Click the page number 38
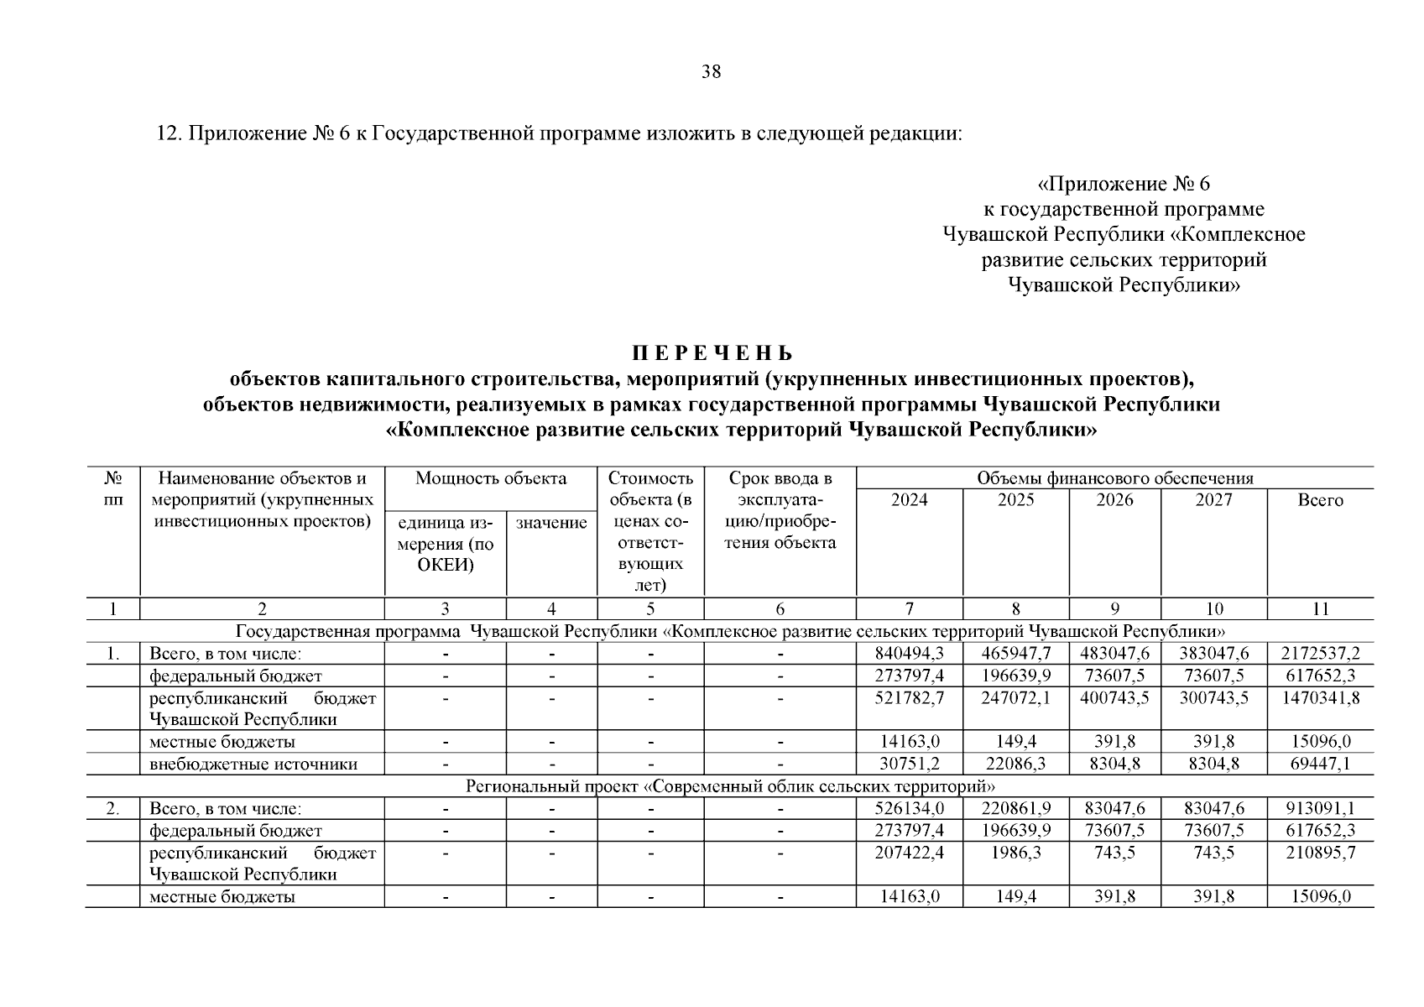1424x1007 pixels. pyautogui.click(x=711, y=72)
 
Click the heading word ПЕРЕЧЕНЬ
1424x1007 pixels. pyautogui.click(x=711, y=353)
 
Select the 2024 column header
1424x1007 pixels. pyautogui.click(x=909, y=500)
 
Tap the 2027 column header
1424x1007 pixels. pyautogui.click(x=1213, y=500)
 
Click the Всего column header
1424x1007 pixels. pyautogui.click(x=1320, y=500)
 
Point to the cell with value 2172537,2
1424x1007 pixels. pyautogui.click(x=1320, y=654)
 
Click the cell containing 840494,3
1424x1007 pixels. pyautogui.click(x=909, y=654)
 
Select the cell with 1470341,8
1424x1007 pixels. pyautogui.click(x=1320, y=698)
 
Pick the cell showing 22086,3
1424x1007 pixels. pyautogui.click(x=1015, y=764)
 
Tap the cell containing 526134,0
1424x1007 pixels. pyautogui.click(x=909, y=809)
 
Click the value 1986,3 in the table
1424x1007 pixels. pyautogui.click(x=1015, y=853)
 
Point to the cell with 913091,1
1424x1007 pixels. pyautogui.click(x=1320, y=809)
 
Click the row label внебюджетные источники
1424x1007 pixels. pyautogui.click(x=253, y=764)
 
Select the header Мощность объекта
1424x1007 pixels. pyautogui.click(x=491, y=479)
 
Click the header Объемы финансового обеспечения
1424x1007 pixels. pyautogui.click(x=1114, y=479)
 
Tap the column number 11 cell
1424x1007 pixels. pyautogui.click(x=1320, y=609)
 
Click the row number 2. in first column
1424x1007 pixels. pyautogui.click(x=112, y=809)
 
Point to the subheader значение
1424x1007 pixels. pyautogui.click(x=551, y=523)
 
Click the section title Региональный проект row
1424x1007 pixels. pyautogui.click(x=730, y=786)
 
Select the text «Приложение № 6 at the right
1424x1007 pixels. pyautogui.click(x=1124, y=184)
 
